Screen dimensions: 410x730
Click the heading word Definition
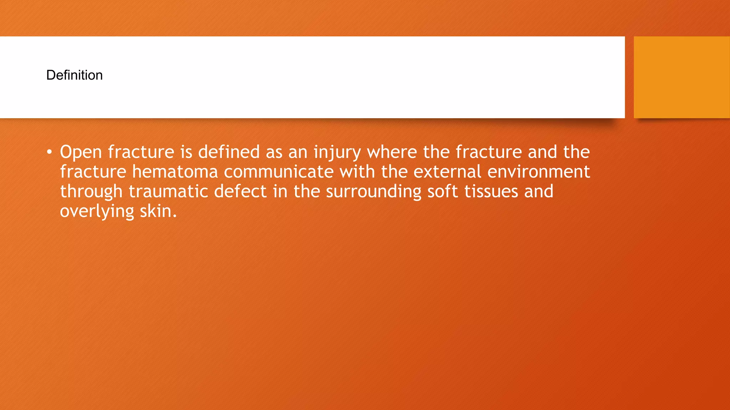pyautogui.click(x=74, y=75)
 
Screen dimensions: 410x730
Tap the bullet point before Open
pyautogui.click(x=49, y=152)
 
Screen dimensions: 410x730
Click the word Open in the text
pyautogui.click(x=81, y=152)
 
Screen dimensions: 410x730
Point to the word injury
pyautogui.click(x=337, y=152)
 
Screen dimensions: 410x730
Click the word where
pyautogui.click(x=392, y=152)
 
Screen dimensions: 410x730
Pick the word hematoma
pyautogui.click(x=175, y=172)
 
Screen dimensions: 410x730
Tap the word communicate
pyautogui.click(x=278, y=172)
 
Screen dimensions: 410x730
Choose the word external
pyautogui.click(x=447, y=172)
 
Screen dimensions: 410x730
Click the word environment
pyautogui.click(x=539, y=172)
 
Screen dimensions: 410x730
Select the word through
pyautogui.click(x=91, y=192)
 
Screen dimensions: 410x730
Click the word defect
pyautogui.click(x=240, y=191)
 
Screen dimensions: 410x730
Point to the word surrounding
pyautogui.click(x=374, y=191)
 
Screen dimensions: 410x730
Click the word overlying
pyautogui.click(x=97, y=211)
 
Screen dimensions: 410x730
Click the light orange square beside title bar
pyautogui.click(x=682, y=77)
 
